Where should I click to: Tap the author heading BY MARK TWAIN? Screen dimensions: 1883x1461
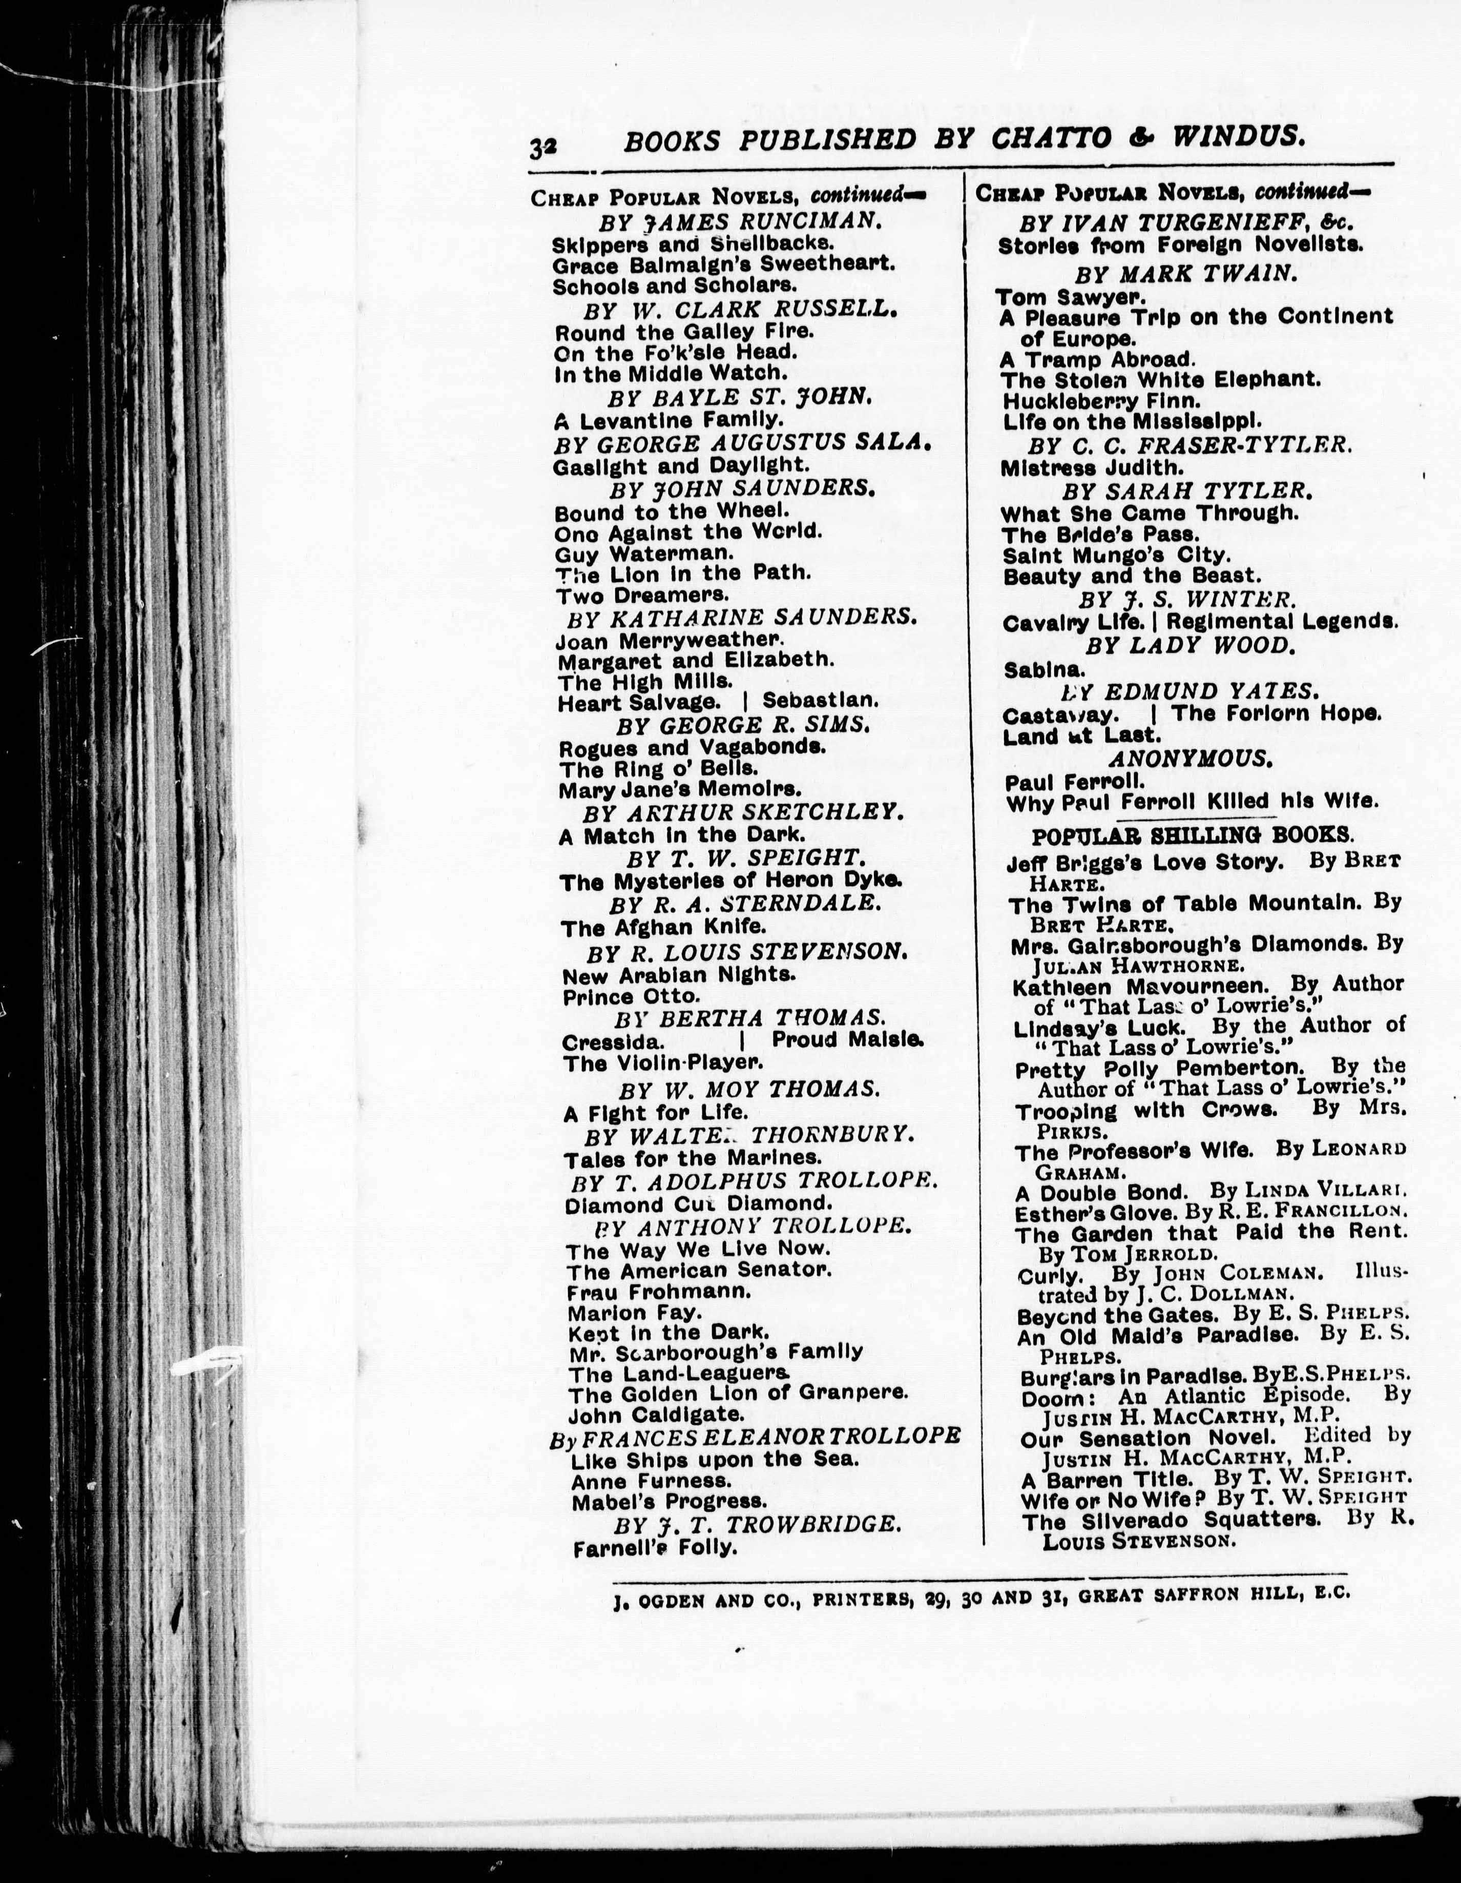tap(1185, 274)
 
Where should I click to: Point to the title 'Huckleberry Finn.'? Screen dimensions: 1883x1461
tap(1101, 401)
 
